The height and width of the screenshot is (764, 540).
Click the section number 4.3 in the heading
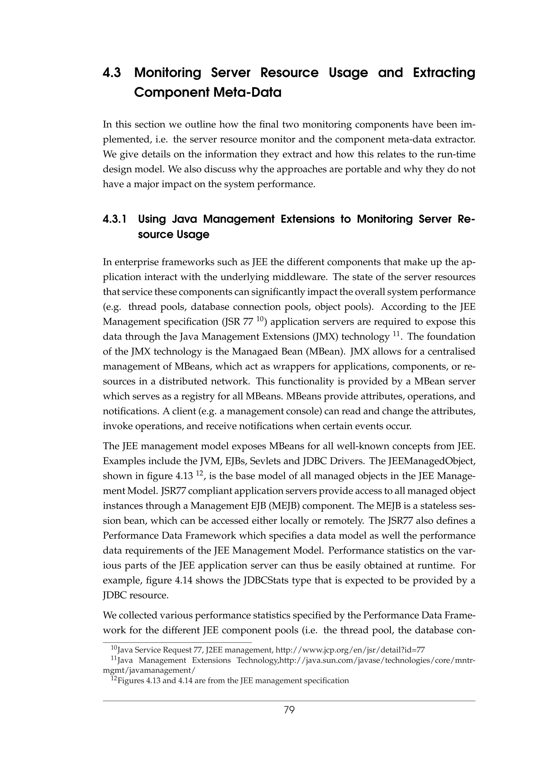[x=112, y=72]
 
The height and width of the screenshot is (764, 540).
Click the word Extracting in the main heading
[x=444, y=72]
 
